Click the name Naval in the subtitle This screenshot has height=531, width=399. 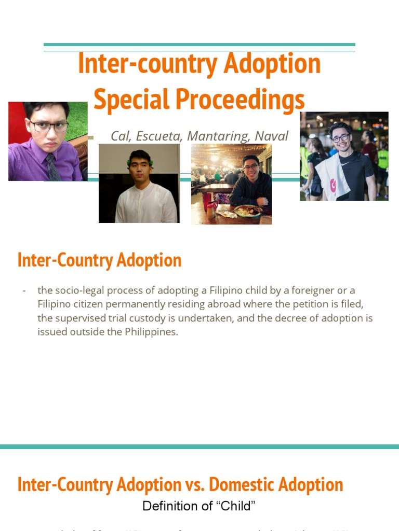[x=271, y=136]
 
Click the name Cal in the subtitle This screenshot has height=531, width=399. [x=121, y=136]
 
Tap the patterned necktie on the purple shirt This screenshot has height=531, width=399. [x=53, y=167]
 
